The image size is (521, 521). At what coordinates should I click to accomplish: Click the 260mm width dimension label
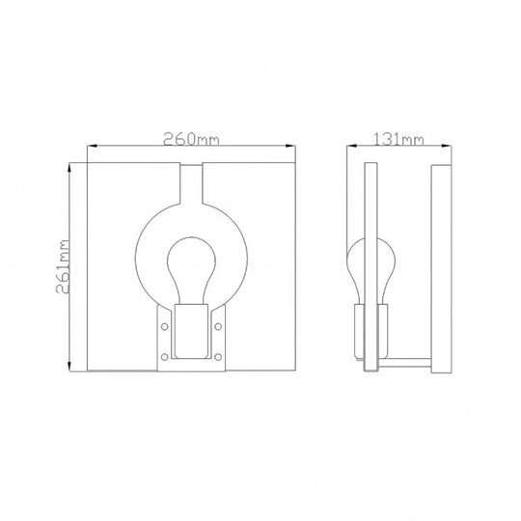tap(191, 139)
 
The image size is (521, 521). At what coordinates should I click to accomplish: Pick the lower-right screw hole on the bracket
tap(220, 360)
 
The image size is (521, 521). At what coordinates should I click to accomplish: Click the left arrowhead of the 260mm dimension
tap(92, 148)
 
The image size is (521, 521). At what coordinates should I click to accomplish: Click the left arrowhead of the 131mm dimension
tap(351, 148)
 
